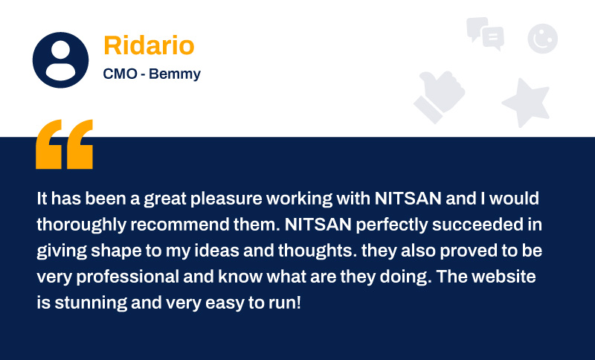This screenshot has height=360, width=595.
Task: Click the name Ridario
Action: click(149, 45)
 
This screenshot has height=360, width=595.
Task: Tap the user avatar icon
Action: click(61, 60)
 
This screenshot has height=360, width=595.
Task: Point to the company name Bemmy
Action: click(175, 74)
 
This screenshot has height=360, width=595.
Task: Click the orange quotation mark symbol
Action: click(64, 144)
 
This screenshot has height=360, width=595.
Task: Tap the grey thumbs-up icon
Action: click(440, 97)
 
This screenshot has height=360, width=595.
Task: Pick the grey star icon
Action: click(527, 102)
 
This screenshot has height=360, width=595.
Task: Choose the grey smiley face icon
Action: click(543, 39)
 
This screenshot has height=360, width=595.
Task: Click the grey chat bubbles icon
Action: click(486, 33)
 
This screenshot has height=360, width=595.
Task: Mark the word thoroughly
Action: click(82, 225)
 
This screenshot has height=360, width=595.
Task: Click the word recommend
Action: click(180, 225)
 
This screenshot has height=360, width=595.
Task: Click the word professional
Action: click(127, 277)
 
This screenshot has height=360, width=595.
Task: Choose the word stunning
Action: click(91, 303)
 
